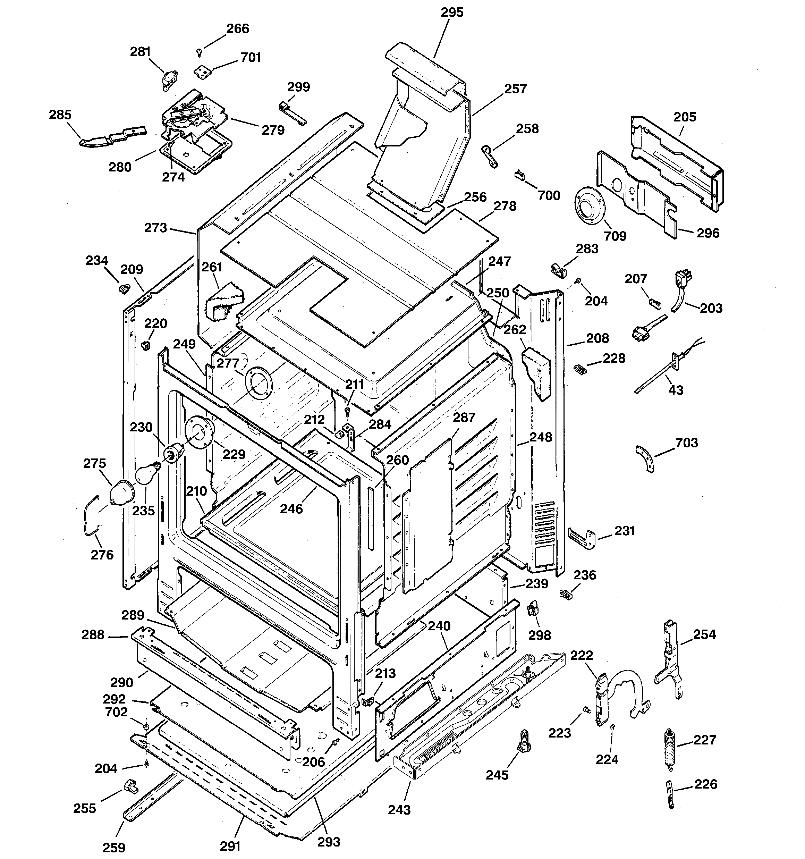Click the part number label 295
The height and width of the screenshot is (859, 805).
(452, 12)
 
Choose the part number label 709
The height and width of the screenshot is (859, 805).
(615, 236)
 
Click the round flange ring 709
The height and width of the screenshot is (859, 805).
(590, 208)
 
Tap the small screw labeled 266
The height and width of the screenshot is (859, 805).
(199, 52)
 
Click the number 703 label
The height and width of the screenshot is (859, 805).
(687, 443)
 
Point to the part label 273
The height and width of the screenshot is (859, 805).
(155, 228)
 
